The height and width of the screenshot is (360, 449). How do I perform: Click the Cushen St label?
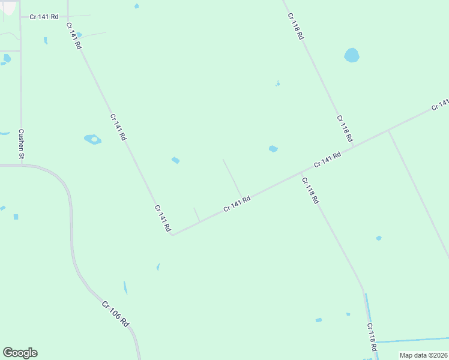[21, 144]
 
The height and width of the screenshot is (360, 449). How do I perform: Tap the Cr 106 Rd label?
[115, 314]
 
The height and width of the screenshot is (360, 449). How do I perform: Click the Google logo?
[20, 353]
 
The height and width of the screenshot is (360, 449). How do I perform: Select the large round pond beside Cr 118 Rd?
[352, 56]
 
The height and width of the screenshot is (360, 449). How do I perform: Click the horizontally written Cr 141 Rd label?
[44, 17]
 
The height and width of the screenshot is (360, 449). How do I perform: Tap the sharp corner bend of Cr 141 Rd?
[172, 235]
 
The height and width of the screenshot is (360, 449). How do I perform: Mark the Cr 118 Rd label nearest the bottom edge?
[372, 337]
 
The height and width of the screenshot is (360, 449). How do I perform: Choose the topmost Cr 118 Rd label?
[296, 26]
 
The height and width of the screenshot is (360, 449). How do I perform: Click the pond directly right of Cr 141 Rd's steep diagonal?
[92, 139]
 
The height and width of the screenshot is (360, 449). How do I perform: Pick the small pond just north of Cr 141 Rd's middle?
[273, 149]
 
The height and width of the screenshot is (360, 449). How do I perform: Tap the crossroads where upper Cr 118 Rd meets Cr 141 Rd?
[353, 146]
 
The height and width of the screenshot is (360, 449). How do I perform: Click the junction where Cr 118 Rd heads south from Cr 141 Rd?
[301, 173]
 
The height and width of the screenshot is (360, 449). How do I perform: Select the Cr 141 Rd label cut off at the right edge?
[440, 105]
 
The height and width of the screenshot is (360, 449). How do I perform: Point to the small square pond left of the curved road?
[16, 217]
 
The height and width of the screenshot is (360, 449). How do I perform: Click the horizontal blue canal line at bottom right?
[411, 341]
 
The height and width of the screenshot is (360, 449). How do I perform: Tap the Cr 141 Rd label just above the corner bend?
[163, 218]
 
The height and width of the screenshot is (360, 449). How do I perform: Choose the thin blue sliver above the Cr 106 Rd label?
[125, 287]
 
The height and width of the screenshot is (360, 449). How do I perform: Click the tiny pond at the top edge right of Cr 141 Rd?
[137, 6]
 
